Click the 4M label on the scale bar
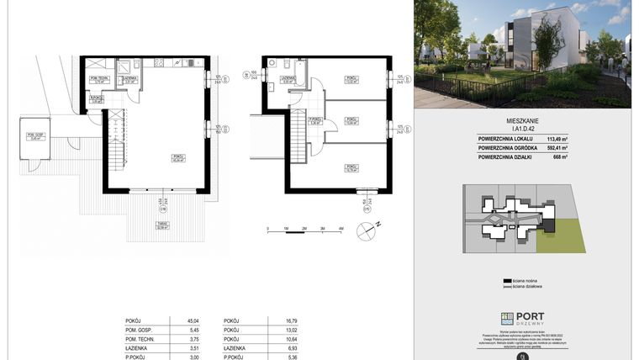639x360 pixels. coord(341,228)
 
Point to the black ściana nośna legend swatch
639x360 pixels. coord(507,280)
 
